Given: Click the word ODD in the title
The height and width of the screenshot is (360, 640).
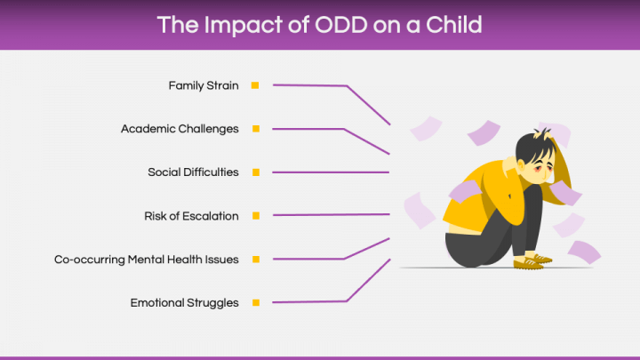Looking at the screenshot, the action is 340,25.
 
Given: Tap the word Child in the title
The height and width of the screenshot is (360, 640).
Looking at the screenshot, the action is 454,25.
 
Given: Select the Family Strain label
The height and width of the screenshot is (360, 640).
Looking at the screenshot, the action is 204,85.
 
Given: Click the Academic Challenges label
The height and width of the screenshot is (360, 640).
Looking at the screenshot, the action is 180,129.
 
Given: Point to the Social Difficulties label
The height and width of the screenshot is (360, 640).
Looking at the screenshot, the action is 193,172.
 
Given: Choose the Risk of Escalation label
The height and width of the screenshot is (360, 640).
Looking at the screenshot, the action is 191,216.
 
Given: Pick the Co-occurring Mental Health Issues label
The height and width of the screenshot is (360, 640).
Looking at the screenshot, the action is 147,260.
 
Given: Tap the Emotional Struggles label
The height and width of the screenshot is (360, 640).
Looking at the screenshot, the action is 185,303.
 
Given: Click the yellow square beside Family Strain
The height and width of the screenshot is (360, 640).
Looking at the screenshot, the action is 255,85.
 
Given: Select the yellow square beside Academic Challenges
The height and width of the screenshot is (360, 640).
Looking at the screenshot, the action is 256,129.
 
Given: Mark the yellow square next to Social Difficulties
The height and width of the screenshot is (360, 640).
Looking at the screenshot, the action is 256,172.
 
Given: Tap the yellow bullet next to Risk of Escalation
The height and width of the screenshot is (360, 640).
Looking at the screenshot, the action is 256,216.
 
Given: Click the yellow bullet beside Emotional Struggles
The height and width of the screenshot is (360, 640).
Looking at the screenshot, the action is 256,303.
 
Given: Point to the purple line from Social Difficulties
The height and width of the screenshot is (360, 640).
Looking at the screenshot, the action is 331,172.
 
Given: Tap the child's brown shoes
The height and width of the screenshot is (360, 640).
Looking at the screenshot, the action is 532,261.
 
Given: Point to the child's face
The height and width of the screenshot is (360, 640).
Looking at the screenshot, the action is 539,170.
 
